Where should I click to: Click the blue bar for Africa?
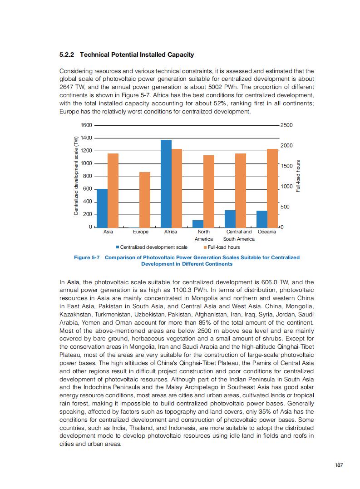[166, 183]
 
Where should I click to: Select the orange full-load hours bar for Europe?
[145, 200]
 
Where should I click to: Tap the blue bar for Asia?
[102, 208]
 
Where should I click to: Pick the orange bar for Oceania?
[272, 188]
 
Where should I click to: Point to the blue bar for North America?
[198, 223]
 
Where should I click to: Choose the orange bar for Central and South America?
[241, 190]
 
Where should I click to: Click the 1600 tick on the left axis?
[86, 125]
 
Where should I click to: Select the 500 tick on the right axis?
[286, 207]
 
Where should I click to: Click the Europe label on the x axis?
[141, 232]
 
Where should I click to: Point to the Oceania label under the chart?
[266, 232]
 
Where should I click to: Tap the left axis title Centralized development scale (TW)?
[76, 176]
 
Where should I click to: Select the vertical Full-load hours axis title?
[298, 176]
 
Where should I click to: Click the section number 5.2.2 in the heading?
[68, 55]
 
